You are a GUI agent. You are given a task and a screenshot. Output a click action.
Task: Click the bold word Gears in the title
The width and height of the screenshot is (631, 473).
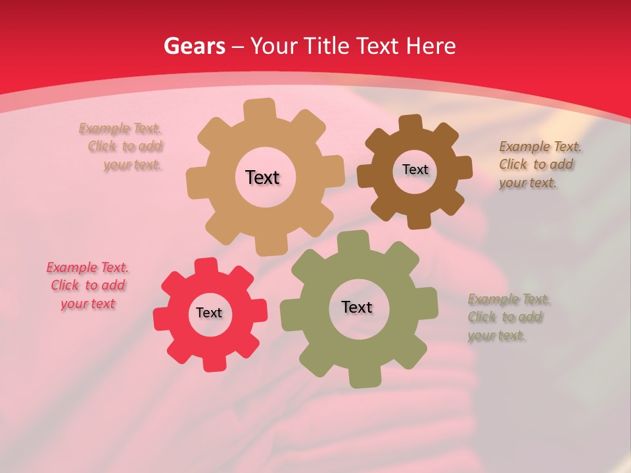[x=194, y=46]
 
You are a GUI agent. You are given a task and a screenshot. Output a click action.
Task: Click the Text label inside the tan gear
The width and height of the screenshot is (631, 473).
[x=262, y=177]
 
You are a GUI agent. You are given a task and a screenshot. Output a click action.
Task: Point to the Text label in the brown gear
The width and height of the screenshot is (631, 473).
[x=415, y=169]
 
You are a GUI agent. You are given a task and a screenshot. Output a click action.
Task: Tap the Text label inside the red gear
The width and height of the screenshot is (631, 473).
[x=209, y=313]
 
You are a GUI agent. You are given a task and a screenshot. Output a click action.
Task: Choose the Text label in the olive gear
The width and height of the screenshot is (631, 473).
[x=357, y=307]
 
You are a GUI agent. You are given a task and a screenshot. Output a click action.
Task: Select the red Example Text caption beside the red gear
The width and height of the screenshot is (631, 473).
[x=87, y=286]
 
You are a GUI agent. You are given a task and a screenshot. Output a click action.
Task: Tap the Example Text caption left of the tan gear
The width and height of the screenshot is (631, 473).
[x=122, y=146]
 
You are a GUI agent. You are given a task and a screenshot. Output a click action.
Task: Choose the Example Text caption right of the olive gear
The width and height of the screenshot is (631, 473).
[x=507, y=317]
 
